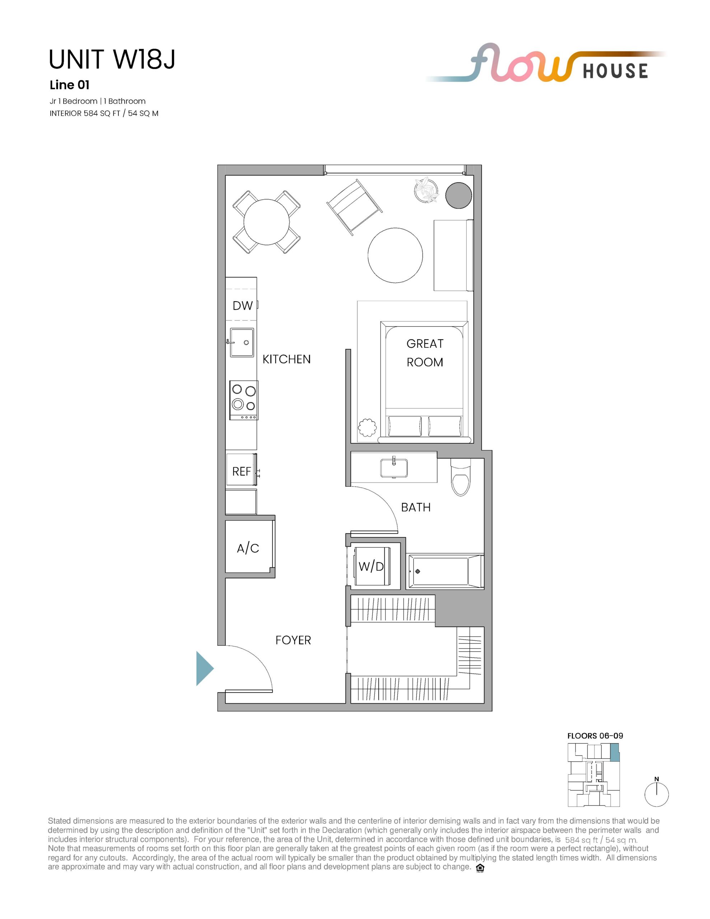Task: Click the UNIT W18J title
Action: click(x=112, y=59)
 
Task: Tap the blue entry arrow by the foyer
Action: click(x=205, y=668)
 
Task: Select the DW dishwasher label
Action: click(x=243, y=305)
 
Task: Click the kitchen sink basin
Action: click(x=242, y=342)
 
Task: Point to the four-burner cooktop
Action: click(x=244, y=400)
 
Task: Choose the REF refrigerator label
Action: click(x=242, y=471)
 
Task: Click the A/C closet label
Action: click(x=248, y=548)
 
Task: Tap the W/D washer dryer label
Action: click(x=371, y=566)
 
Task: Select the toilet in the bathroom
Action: click(x=461, y=477)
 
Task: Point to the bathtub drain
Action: click(x=417, y=572)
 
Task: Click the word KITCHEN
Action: click(x=286, y=359)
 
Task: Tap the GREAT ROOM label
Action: click(x=425, y=353)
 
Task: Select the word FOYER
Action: click(x=293, y=640)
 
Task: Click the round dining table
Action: click(x=267, y=222)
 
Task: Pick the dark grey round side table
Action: click(x=459, y=195)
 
